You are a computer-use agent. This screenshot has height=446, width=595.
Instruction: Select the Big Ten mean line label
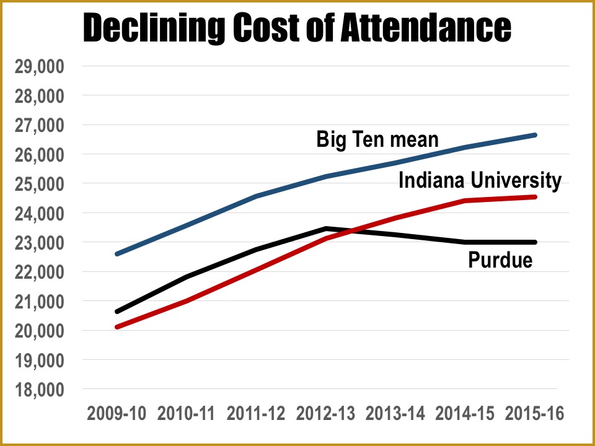(377, 139)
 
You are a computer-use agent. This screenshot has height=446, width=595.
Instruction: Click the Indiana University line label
(480, 180)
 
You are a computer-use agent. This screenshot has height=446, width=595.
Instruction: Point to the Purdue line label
(500, 260)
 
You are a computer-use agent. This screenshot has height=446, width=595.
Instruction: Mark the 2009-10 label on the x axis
(117, 414)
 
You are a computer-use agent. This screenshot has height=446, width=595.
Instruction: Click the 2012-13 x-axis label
(325, 414)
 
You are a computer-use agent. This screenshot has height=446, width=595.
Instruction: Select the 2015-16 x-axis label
(535, 414)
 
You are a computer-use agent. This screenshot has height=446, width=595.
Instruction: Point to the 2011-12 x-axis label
(256, 414)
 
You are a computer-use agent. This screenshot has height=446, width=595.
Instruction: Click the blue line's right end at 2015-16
(534, 135)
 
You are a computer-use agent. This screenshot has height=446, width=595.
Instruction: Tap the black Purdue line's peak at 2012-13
(325, 229)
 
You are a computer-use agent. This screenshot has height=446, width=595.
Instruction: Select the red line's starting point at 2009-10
(117, 326)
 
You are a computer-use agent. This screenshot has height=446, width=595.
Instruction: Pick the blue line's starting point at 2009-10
(117, 254)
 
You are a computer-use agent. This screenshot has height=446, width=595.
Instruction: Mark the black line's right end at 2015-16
(534, 242)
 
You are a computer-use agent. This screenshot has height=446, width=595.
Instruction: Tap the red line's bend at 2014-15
(465, 201)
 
